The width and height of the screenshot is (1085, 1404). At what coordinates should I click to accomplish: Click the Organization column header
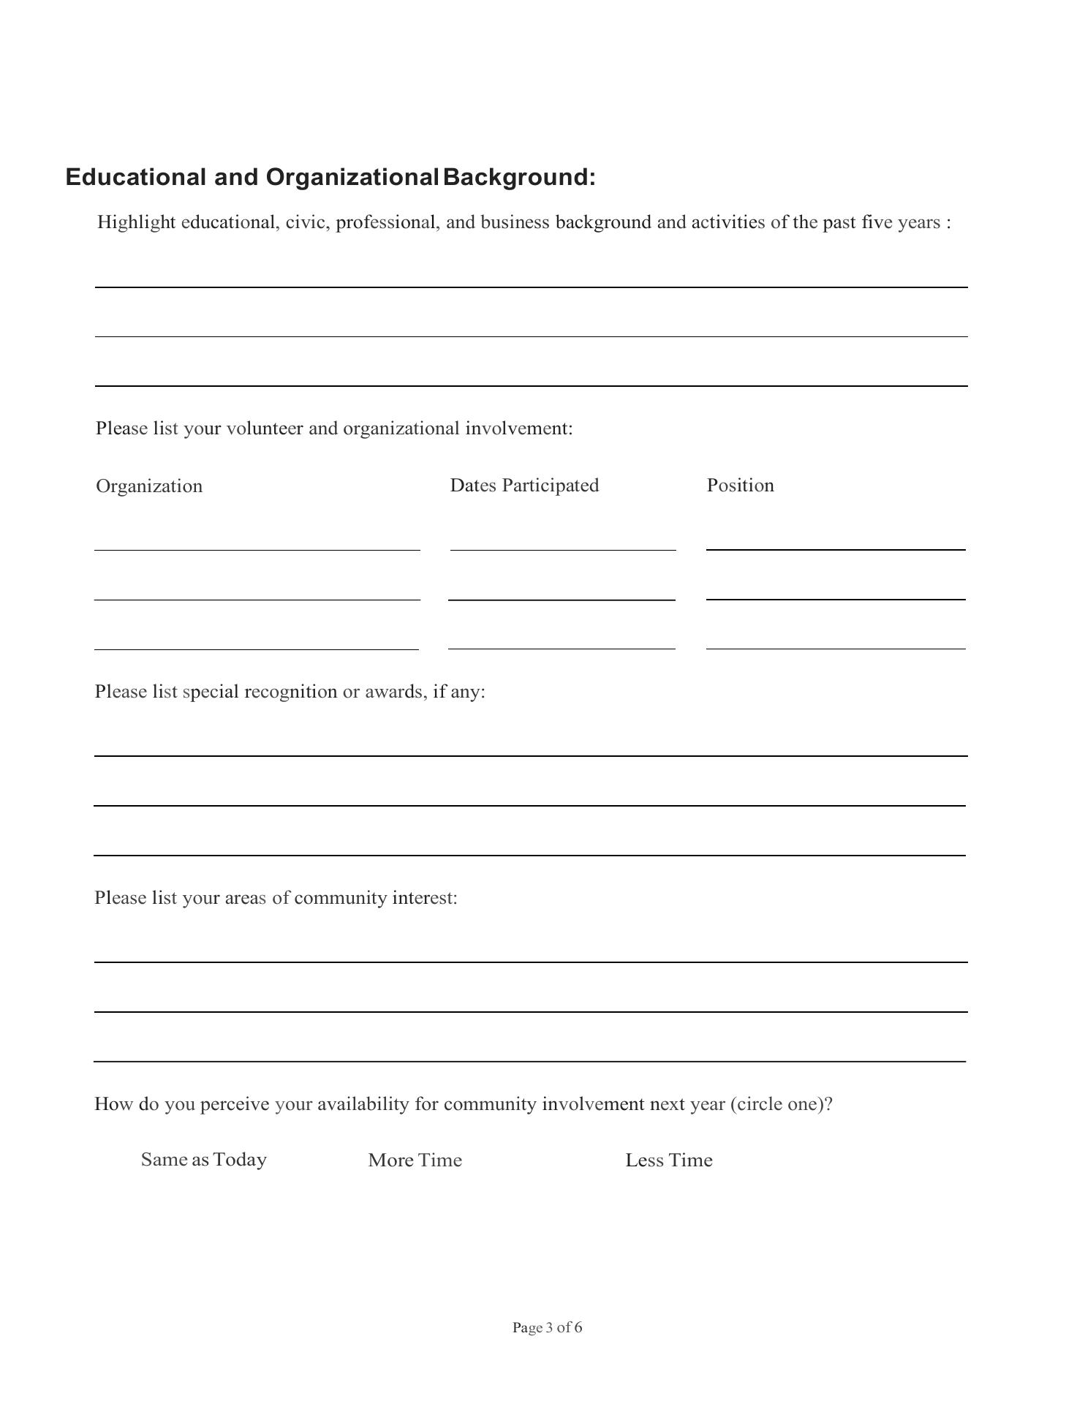tap(149, 486)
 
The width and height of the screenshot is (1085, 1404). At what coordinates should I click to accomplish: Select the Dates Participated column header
tap(524, 486)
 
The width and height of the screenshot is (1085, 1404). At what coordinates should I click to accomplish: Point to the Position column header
tap(740, 486)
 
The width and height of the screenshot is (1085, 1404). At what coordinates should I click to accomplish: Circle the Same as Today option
tap(203, 1160)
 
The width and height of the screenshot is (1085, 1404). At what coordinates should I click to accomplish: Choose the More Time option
tap(415, 1160)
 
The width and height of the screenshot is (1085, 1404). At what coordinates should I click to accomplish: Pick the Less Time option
tap(668, 1160)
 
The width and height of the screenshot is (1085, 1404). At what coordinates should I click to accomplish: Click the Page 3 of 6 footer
tap(547, 1327)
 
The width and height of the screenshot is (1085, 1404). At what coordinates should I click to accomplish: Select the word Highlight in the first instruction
tap(136, 222)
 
